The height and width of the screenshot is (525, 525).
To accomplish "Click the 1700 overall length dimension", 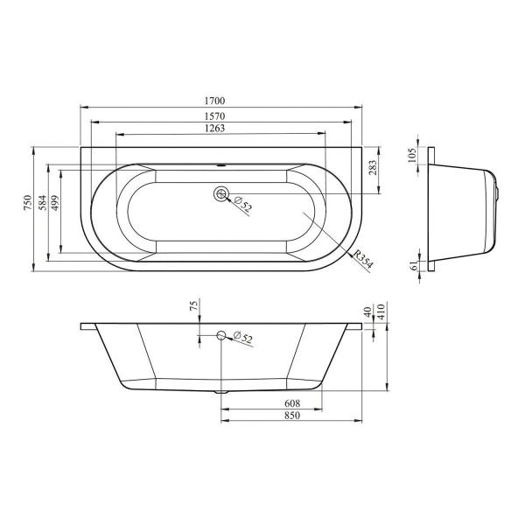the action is click(x=214, y=101).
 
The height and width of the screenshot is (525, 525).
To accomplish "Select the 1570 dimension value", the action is click(x=214, y=116).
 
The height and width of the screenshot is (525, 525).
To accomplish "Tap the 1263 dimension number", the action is click(x=214, y=129).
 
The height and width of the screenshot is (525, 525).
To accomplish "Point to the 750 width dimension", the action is click(x=27, y=203).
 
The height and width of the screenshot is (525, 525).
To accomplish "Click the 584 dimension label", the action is click(x=42, y=203).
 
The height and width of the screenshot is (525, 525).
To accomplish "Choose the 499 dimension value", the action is click(x=55, y=203).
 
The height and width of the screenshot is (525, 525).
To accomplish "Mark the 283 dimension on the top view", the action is click(x=373, y=167).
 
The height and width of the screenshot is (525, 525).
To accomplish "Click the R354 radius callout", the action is click(x=362, y=260).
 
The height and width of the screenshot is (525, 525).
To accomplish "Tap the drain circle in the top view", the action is click(x=220, y=193).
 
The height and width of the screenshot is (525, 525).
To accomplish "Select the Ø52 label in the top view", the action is click(x=242, y=204).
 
